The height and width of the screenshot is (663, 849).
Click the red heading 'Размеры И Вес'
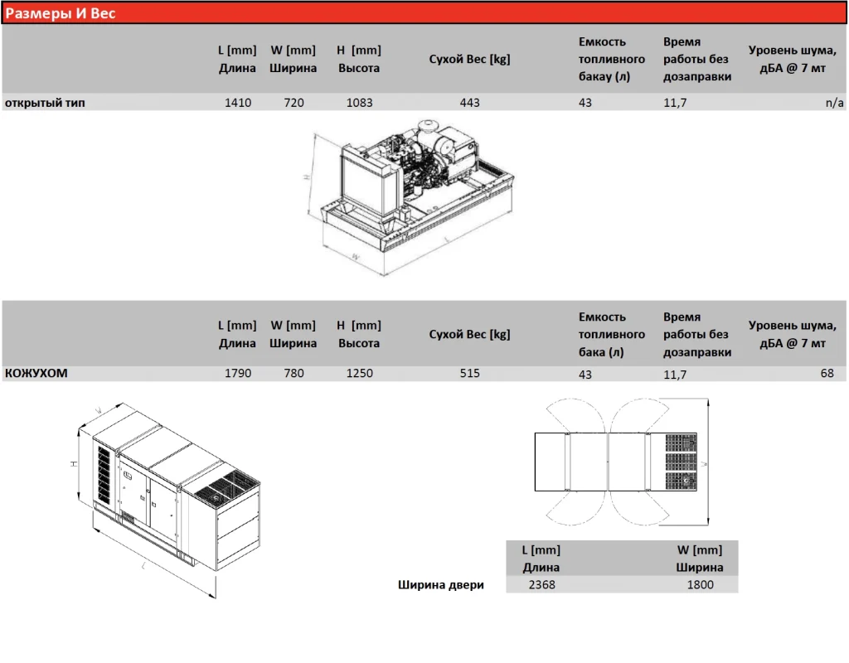tap(60, 13)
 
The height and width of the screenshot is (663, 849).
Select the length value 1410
tap(238, 102)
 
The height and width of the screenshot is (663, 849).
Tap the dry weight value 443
tap(469, 102)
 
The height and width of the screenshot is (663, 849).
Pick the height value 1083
tap(360, 102)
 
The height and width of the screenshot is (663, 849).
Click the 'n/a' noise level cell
tap(834, 102)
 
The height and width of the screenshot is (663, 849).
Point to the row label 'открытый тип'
tap(45, 102)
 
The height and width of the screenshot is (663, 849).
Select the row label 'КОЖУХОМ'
tap(36, 373)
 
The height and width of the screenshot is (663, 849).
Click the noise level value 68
tap(827, 373)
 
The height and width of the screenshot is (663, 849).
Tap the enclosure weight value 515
tap(469, 373)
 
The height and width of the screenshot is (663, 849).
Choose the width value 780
tap(294, 373)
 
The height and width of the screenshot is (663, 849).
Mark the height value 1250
tap(360, 373)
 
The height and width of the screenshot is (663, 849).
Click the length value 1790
tap(238, 373)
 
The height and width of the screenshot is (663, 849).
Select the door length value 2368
tap(541, 584)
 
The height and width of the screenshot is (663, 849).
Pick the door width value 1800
tap(700, 584)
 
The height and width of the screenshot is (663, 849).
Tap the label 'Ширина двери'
tap(441, 584)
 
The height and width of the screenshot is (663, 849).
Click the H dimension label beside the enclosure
tap(74, 464)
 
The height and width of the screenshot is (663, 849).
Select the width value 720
tap(294, 102)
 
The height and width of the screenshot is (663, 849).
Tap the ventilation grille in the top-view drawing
tap(681, 462)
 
